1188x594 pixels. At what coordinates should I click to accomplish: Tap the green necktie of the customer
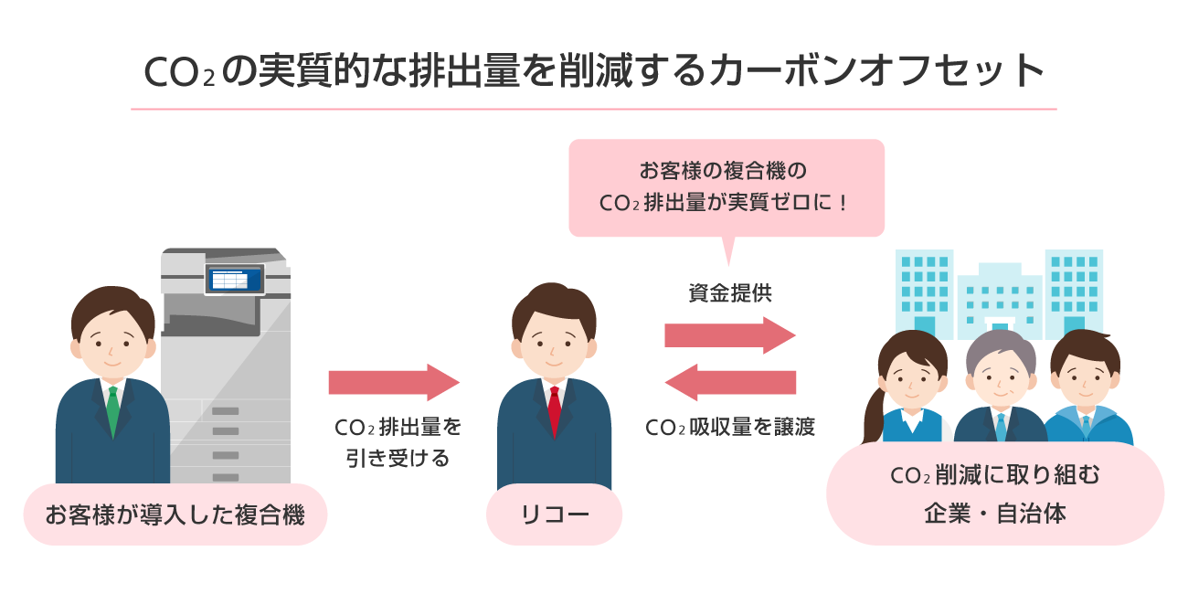click(112, 411)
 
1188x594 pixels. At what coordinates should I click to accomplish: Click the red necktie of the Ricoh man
click(554, 411)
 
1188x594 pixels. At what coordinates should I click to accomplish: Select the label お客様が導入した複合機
click(175, 514)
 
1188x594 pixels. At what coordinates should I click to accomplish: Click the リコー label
click(554, 514)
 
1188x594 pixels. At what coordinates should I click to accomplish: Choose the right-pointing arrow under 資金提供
click(729, 335)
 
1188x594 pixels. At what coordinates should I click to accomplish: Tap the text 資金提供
click(729, 293)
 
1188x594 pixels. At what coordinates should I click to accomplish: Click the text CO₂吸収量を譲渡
click(729, 427)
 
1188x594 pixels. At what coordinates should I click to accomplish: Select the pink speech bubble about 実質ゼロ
click(727, 187)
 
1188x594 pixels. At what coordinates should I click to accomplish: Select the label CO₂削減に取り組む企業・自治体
click(995, 494)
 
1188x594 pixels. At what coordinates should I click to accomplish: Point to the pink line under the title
click(594, 110)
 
